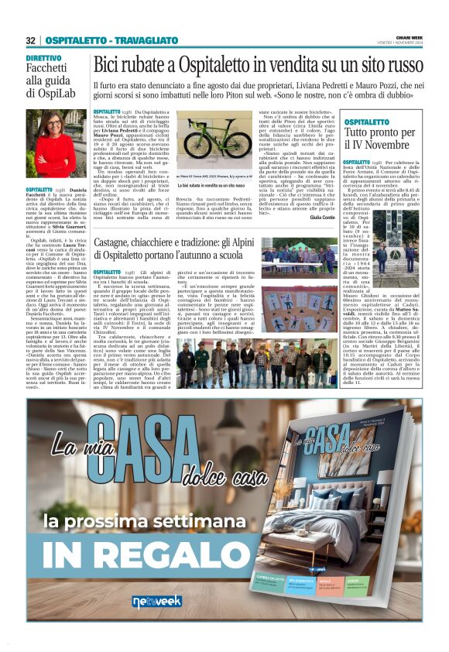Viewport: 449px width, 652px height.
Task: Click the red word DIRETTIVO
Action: (43, 59)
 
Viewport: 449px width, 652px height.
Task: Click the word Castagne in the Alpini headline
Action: (118, 244)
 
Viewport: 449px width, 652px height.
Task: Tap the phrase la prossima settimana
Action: (157, 517)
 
